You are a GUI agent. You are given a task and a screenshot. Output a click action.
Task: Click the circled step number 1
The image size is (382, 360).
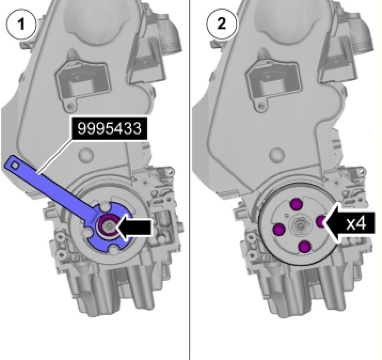pos(21,24)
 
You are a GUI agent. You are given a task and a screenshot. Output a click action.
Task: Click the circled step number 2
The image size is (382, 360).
pos(221,24)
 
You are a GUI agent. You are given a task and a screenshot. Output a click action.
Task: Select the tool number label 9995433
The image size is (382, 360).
pos(109,128)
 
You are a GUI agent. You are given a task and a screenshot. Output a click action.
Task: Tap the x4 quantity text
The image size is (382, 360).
pos(356,223)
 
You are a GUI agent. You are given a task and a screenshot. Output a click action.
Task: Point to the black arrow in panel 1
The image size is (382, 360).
pos(134,228)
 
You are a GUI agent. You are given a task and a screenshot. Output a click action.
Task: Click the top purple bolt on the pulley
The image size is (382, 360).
pos(297,204)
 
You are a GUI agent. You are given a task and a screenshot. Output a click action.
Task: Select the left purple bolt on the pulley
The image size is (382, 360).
pos(279,230)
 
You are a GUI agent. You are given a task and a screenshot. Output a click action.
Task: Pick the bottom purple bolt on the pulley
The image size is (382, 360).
pos(305,247)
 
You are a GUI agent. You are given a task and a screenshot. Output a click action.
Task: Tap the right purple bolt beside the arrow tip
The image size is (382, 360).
pos(321,222)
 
